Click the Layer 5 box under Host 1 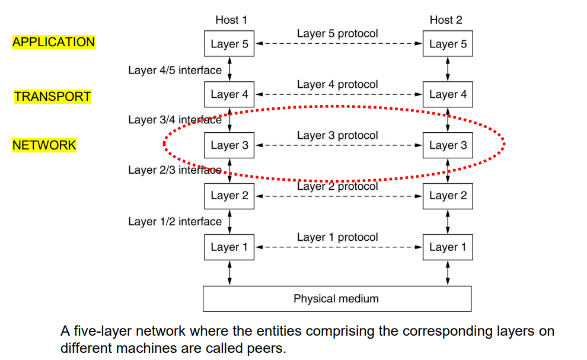(x=229, y=44)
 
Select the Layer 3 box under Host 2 (x=448, y=145)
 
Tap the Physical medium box (x=336, y=298)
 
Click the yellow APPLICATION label (x=53, y=42)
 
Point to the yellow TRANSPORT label (x=53, y=97)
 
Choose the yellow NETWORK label (x=44, y=145)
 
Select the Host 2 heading (x=445, y=20)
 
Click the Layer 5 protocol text (x=337, y=33)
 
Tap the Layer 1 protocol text (x=337, y=237)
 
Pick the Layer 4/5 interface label (x=175, y=70)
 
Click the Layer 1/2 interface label (x=175, y=221)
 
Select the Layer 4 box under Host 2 (x=448, y=94)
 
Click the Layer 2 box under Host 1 (x=229, y=196)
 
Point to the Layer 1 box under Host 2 (x=448, y=247)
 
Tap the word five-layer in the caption (x=99, y=331)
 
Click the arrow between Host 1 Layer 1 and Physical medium (x=229, y=273)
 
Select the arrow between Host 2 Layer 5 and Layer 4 (x=448, y=69)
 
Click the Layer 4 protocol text (x=337, y=84)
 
